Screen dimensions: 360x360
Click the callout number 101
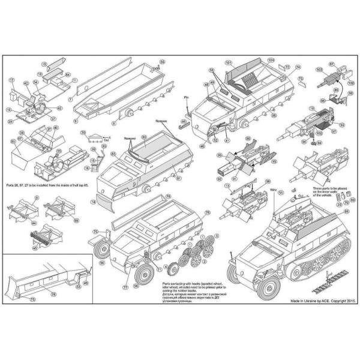[x=229, y=63]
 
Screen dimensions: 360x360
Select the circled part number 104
[x=271, y=61]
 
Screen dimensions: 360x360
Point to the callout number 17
[x=11, y=80]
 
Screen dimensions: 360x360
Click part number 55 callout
[x=161, y=62]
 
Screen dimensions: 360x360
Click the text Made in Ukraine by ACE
[x=319, y=298]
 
